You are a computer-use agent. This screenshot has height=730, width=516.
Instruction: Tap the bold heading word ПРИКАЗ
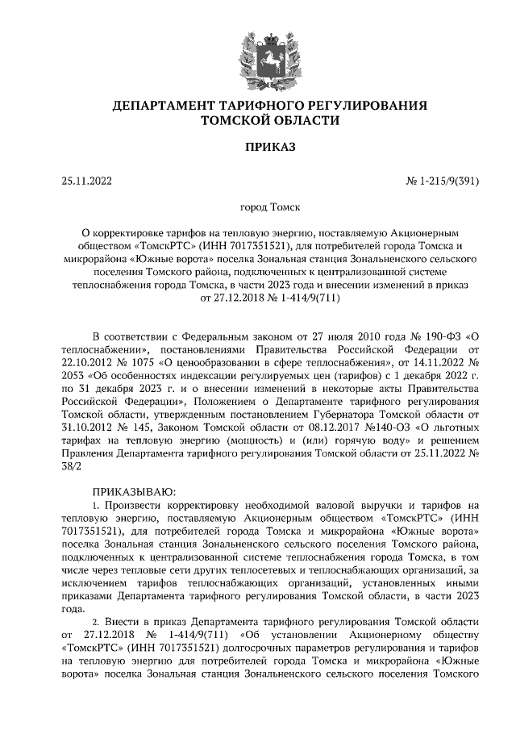coord(258,147)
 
